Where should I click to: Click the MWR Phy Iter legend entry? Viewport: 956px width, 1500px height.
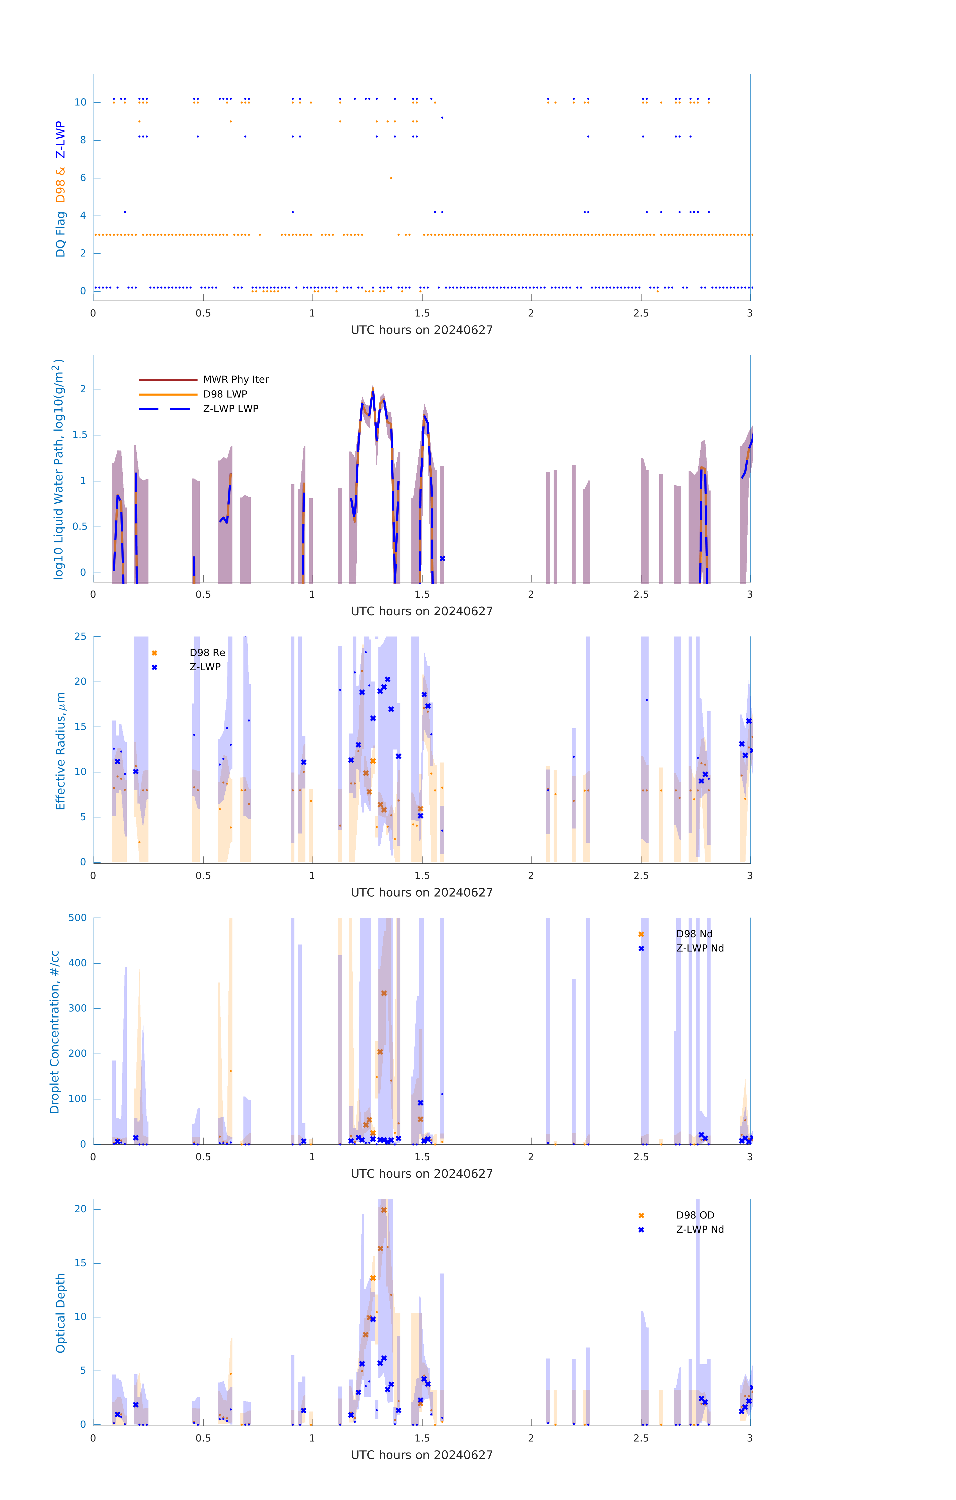(235, 379)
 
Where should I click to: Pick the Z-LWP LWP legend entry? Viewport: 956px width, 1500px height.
(230, 409)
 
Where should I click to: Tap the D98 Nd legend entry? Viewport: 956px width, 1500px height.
(694, 934)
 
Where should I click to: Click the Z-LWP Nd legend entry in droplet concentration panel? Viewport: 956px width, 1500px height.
(699, 948)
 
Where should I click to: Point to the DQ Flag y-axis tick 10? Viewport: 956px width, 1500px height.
(80, 102)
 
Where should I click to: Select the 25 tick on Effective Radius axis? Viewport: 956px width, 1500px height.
(80, 637)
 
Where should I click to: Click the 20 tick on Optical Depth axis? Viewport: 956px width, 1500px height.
(80, 1209)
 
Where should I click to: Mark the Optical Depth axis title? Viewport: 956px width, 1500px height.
(60, 1313)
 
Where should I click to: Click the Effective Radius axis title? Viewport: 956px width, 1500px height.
(60, 750)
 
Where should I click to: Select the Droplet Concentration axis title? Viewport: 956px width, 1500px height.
(55, 1031)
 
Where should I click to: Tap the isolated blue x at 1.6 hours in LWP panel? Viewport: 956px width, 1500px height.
(442, 558)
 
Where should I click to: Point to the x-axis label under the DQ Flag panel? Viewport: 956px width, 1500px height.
(422, 330)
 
